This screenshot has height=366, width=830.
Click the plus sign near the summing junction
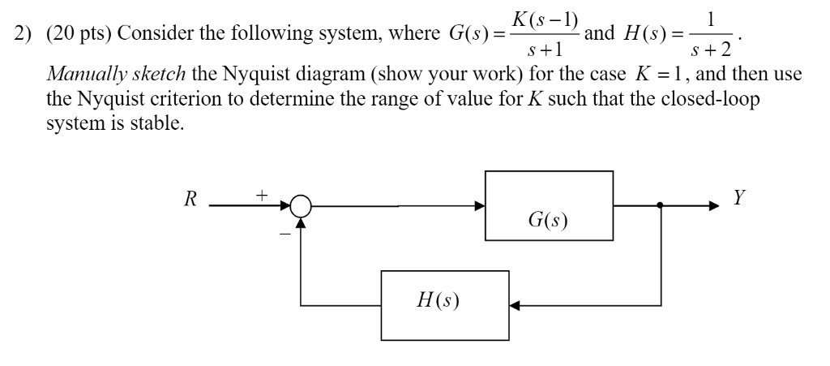[x=261, y=195]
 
